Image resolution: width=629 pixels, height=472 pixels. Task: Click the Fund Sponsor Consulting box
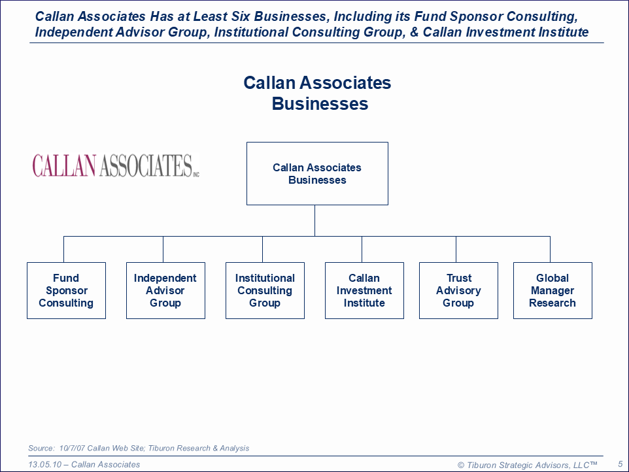coord(66,291)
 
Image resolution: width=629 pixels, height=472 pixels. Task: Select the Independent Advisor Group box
coord(165,291)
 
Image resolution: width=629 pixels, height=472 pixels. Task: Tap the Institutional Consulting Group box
coord(265,291)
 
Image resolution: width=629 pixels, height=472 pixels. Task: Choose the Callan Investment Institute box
coord(364,291)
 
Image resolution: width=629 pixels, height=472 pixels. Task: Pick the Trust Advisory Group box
coord(458,291)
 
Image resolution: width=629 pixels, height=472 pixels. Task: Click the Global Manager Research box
coord(552,291)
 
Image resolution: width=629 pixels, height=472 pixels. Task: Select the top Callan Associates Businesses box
coord(317,174)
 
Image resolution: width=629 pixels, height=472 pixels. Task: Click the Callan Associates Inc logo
coord(116,165)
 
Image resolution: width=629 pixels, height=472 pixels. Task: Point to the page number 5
coord(620,464)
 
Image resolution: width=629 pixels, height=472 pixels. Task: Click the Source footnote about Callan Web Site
coord(139,448)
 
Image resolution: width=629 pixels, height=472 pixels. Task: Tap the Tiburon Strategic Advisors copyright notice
coord(528,465)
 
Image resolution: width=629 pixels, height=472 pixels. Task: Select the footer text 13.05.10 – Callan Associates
coord(84,465)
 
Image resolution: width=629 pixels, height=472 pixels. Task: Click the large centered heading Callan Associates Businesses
coord(318,93)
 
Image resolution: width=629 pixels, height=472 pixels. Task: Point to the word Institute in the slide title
coord(564,32)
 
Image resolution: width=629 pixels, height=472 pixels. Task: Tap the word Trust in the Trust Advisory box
coord(459,278)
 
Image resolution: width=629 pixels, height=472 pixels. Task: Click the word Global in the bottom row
coord(552,278)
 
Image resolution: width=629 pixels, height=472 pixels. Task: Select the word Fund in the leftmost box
coord(66,278)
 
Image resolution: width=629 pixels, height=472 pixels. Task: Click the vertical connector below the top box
coord(314,220)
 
